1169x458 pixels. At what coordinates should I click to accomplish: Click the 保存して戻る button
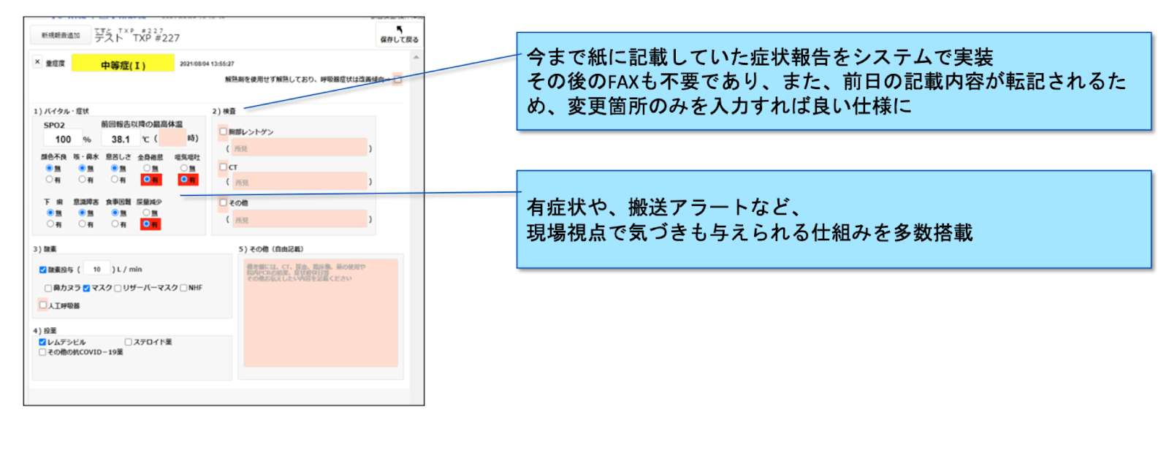click(x=398, y=34)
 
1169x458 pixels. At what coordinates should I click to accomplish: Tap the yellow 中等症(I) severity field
click(x=123, y=65)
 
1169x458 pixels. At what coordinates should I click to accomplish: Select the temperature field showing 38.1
click(x=121, y=139)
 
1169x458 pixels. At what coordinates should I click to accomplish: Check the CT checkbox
click(x=224, y=167)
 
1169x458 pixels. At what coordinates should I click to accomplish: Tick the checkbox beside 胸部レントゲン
click(x=224, y=131)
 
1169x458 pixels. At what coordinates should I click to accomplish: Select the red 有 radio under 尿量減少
click(x=147, y=224)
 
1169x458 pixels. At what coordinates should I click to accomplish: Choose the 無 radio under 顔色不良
click(x=49, y=168)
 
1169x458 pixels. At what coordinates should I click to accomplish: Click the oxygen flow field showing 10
click(x=96, y=269)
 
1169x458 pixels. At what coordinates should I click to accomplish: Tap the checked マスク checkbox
click(x=86, y=288)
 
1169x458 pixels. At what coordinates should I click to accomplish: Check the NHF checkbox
click(x=183, y=288)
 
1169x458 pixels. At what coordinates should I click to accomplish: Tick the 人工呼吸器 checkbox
click(x=43, y=305)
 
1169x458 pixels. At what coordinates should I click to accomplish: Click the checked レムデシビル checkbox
click(x=42, y=342)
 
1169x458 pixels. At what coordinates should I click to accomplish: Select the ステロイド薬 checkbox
click(x=129, y=342)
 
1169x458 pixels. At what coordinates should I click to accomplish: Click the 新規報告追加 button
click(x=60, y=35)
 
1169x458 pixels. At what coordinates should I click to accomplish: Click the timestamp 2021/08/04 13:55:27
click(x=207, y=64)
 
